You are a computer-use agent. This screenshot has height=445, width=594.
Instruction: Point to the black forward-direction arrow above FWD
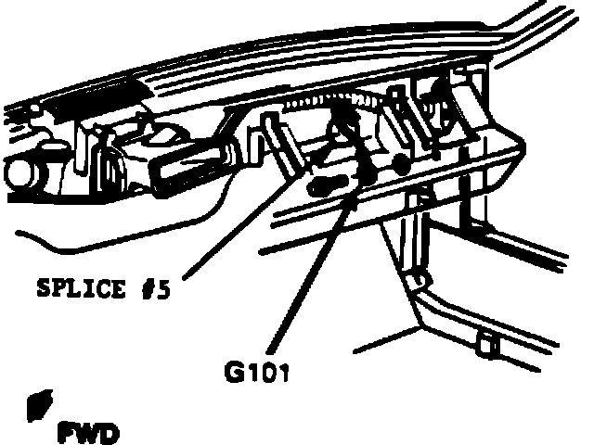pos(40,403)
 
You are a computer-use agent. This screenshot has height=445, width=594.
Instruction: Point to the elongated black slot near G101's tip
pos(329,184)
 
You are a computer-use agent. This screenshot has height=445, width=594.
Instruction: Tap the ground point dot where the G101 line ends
pos(365,175)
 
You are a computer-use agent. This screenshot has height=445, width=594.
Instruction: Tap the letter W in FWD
pos(89,432)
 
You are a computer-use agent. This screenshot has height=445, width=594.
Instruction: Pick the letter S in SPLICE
pos(41,288)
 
